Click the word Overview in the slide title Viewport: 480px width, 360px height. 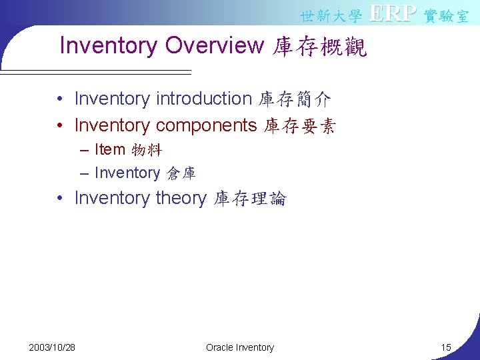point(215,45)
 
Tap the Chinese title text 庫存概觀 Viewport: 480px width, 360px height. point(320,46)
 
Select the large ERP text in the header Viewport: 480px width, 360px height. point(393,13)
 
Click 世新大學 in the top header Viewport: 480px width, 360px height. point(331,15)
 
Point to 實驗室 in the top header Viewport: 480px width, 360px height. point(446,15)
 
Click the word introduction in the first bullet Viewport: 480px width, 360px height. point(203,99)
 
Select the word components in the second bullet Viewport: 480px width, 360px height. point(207,125)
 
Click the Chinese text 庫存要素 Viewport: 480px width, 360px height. point(300,126)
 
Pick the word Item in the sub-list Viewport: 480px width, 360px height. point(109,149)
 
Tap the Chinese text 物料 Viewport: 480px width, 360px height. point(147,150)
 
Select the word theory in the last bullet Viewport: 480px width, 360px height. point(181,198)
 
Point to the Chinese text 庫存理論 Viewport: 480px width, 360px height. point(249,199)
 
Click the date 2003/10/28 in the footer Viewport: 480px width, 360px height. point(52,347)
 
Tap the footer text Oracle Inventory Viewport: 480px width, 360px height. point(240,347)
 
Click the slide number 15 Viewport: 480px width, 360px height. point(446,347)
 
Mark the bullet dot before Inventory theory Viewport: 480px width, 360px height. point(60,199)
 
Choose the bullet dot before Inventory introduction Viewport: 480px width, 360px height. point(60,99)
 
